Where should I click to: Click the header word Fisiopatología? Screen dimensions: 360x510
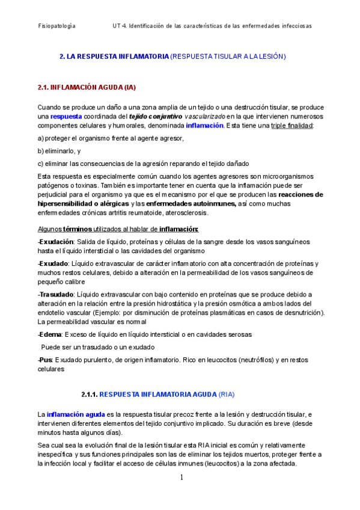(x=56, y=26)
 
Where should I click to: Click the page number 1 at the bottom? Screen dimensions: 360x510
(x=181, y=478)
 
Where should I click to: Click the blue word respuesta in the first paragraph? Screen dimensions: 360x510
(x=66, y=116)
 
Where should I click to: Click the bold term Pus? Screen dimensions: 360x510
(x=45, y=360)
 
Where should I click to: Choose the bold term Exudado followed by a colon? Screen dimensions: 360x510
(x=53, y=263)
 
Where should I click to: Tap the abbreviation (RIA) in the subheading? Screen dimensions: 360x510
(x=226, y=395)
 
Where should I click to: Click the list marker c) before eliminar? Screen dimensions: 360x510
(x=40, y=164)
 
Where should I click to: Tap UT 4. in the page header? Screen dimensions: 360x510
(x=119, y=26)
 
